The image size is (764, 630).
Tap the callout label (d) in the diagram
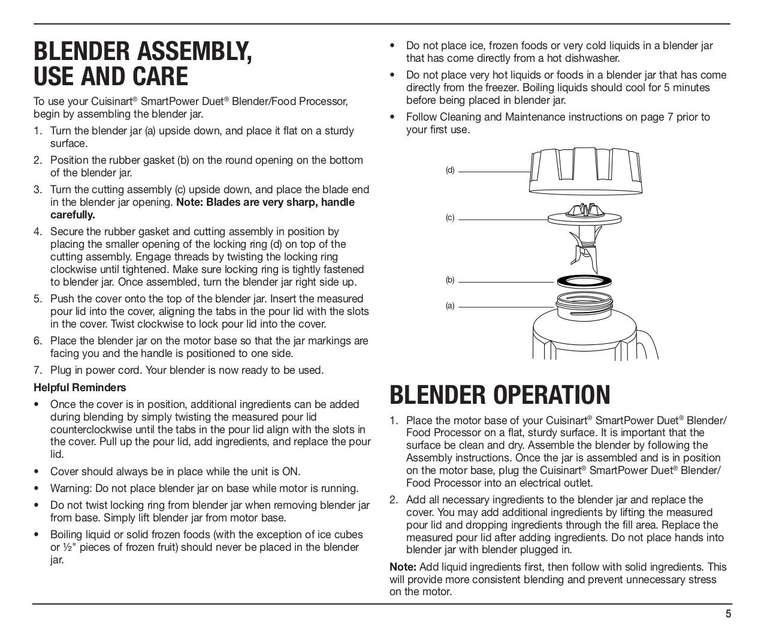tap(450, 170)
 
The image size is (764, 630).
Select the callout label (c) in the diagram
tap(450, 218)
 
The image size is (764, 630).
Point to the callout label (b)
tap(450, 280)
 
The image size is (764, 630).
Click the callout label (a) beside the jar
tap(450, 306)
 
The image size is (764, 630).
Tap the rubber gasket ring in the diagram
tap(585, 280)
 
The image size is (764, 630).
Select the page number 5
tap(728, 614)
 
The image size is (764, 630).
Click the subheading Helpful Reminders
tap(80, 388)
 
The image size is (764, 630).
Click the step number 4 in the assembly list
tap(37, 232)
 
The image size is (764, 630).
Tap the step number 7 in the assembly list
tap(37, 370)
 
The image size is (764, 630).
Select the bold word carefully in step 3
tap(73, 215)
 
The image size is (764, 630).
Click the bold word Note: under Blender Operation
tap(403, 567)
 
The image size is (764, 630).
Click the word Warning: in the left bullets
tap(71, 488)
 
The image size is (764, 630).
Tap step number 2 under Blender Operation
tap(393, 500)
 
